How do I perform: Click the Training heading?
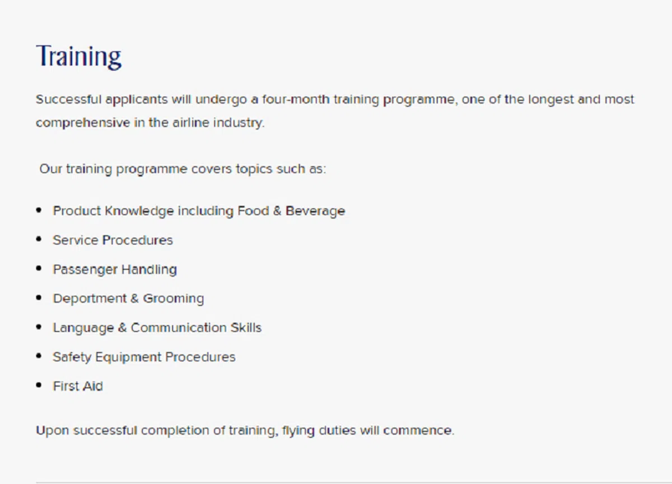78,57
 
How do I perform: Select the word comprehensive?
83,123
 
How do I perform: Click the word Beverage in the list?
315,211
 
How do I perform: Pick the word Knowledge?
139,211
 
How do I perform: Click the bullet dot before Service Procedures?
39,239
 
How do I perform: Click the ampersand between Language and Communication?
122,328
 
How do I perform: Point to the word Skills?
246,328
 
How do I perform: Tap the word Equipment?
128,357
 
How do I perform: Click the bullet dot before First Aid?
39,385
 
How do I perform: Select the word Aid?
93,386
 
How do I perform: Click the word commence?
418,431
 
